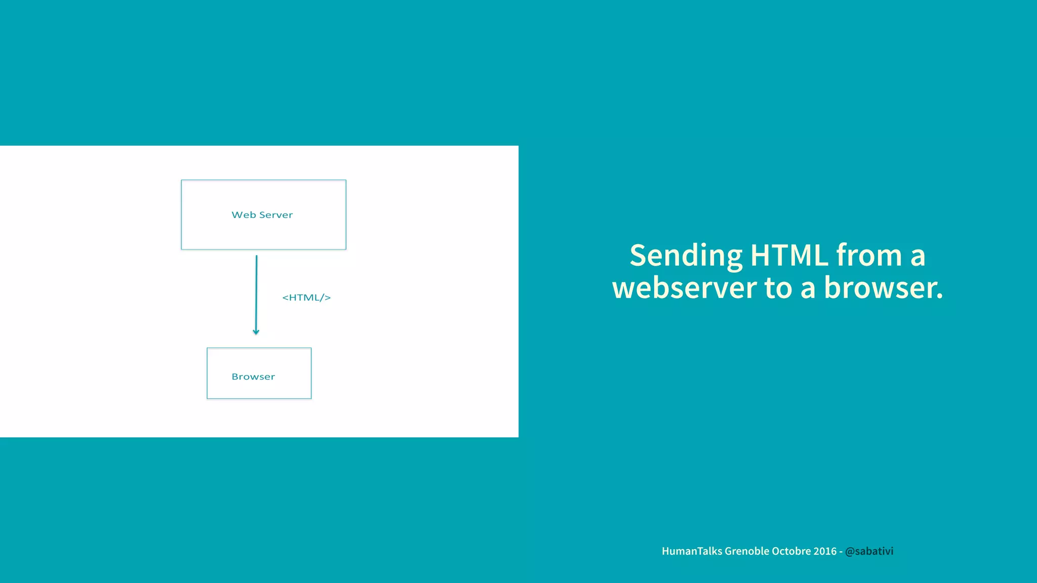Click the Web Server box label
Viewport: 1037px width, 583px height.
262,215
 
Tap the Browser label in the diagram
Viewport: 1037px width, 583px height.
253,377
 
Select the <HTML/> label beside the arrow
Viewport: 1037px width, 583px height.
306,298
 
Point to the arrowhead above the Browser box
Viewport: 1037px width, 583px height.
256,331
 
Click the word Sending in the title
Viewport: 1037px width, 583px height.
686,256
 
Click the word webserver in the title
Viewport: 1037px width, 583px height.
685,288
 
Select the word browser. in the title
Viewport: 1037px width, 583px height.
883,288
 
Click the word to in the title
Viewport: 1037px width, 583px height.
778,288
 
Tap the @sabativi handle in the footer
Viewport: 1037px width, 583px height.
869,551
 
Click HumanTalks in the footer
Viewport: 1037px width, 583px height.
692,551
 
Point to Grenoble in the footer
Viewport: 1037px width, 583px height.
747,551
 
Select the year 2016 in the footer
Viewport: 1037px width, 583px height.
825,551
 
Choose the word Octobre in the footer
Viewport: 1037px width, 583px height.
791,551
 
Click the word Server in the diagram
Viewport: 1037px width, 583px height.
276,215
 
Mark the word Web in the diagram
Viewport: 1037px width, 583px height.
244,215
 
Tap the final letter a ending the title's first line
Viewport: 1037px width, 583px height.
918,256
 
